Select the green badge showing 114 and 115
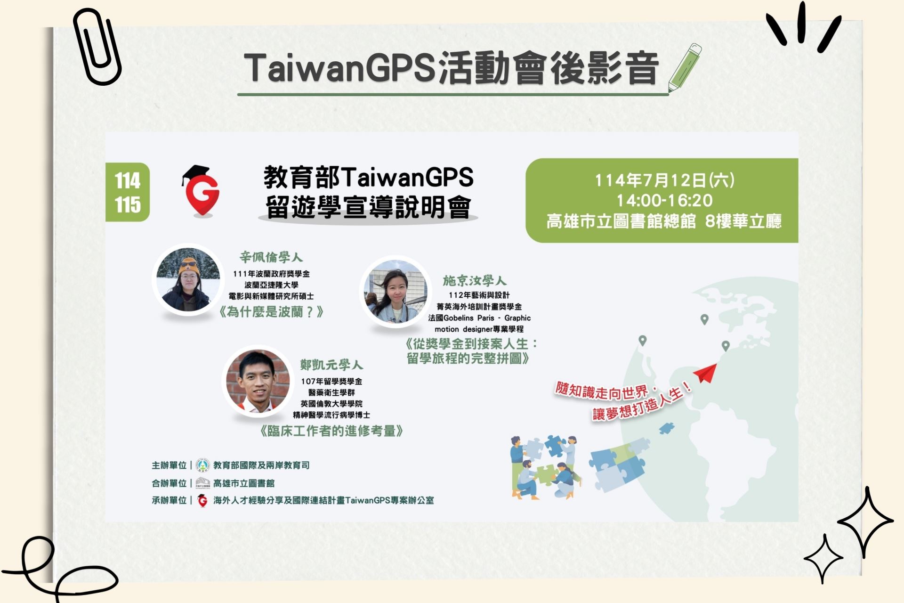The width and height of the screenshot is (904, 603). pos(128,192)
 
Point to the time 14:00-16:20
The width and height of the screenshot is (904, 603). pos(664,201)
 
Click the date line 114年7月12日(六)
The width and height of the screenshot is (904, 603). pos(664,180)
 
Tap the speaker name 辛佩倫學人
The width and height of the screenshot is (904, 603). pos(271,257)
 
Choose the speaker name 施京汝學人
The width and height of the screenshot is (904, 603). pos(474,281)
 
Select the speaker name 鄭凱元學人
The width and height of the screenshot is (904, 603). pos(331,365)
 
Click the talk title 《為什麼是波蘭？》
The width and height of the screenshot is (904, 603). pos(271,312)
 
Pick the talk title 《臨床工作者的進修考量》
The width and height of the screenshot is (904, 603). pos(331,431)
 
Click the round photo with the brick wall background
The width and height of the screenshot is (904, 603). pos(258,382)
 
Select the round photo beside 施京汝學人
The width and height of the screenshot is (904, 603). pos(395,291)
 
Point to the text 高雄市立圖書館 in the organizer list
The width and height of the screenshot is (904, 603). pos(243,483)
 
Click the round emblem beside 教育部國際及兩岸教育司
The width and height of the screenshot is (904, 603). pos(202,465)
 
